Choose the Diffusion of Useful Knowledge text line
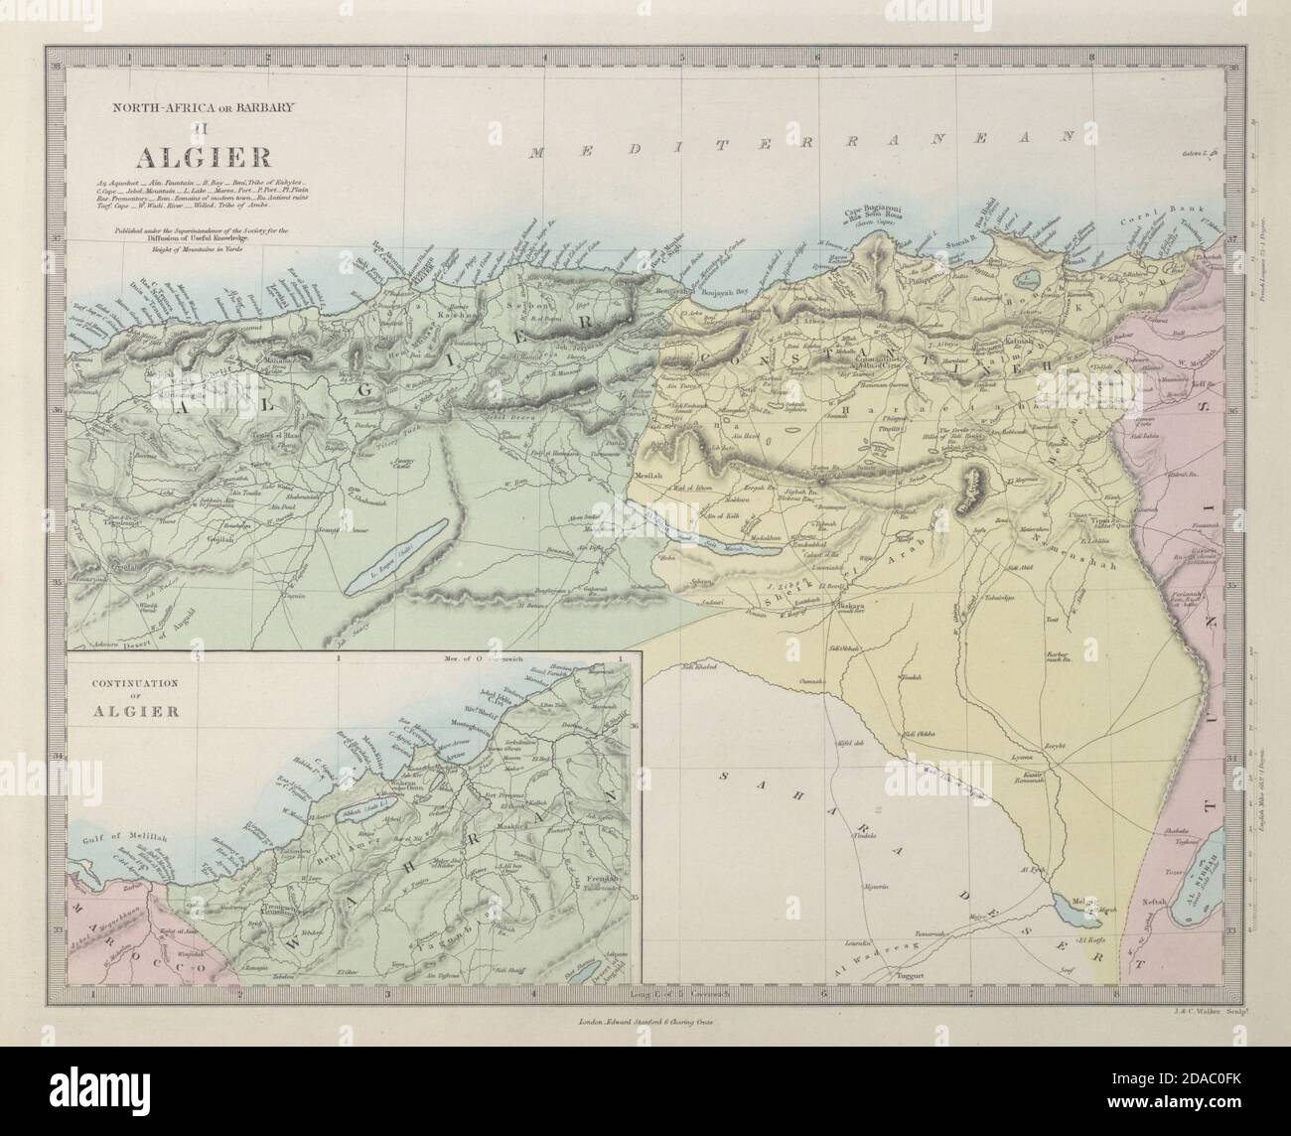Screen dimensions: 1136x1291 (x=175, y=238)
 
